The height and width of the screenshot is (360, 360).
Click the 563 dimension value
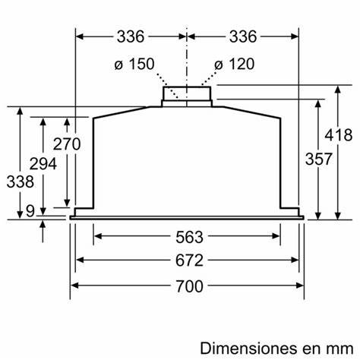(x=187, y=235)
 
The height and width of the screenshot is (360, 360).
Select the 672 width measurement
(x=187, y=261)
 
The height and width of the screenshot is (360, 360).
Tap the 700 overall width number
(x=187, y=286)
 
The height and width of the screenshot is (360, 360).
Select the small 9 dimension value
(x=30, y=213)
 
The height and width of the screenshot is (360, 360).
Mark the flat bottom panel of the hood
(x=187, y=217)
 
